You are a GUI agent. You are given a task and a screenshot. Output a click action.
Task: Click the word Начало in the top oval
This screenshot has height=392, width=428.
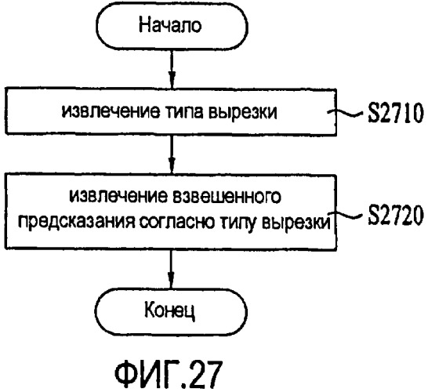click(170, 25)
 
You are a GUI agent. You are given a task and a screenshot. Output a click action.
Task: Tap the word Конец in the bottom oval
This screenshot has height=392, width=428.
click(169, 310)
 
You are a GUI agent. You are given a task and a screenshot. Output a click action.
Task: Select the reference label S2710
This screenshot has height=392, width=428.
click(395, 113)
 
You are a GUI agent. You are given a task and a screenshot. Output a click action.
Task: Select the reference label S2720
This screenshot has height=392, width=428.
click(395, 215)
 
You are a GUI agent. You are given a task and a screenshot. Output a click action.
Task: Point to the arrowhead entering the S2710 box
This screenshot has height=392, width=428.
click(172, 80)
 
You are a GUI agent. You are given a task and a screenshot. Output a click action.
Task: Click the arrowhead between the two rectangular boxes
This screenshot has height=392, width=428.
click(172, 165)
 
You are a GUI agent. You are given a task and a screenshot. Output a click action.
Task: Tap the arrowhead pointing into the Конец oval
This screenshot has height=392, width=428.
click(171, 280)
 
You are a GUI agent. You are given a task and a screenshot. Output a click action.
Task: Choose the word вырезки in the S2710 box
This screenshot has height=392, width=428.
click(243, 112)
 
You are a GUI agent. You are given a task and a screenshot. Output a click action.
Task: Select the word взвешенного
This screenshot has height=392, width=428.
click(227, 197)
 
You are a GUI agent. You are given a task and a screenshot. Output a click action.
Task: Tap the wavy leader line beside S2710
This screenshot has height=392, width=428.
click(346, 112)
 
